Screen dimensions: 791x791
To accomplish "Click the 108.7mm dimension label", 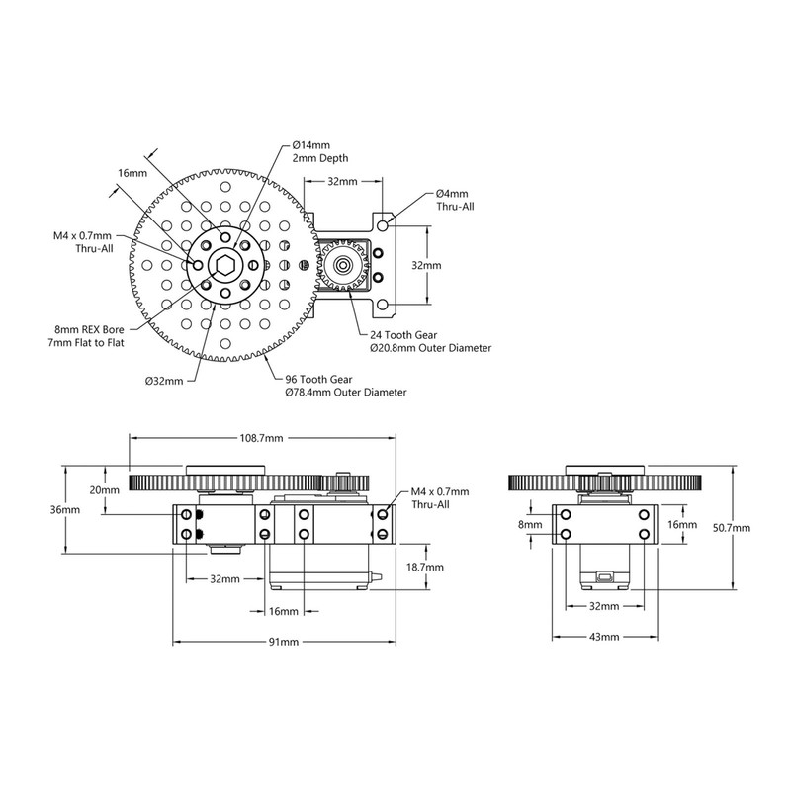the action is (261, 438).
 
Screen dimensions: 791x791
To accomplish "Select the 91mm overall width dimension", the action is (283, 642).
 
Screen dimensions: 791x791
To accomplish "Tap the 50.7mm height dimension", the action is (732, 528).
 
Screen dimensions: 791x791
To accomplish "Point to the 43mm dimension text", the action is (604, 637).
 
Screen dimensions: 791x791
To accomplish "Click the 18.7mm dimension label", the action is (425, 567).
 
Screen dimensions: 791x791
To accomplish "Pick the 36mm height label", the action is (65, 509).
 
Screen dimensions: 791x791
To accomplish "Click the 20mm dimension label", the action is (105, 489).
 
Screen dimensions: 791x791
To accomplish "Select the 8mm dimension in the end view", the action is (530, 525).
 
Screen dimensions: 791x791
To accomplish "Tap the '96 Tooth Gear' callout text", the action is (318, 380).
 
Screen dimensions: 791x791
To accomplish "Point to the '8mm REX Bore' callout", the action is (89, 330).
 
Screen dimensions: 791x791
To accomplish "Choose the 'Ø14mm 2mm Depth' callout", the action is (320, 152).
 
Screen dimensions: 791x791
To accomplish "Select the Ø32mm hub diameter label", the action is (164, 381).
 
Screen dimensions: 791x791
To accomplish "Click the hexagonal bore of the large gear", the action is (225, 264).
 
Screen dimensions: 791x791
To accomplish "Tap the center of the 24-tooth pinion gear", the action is (344, 264).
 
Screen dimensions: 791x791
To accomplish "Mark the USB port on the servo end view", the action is (604, 575).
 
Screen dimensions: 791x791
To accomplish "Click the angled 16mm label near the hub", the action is (132, 173).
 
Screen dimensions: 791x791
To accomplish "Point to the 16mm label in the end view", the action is (682, 525).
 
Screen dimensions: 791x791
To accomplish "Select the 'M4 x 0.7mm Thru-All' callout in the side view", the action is (440, 498).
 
